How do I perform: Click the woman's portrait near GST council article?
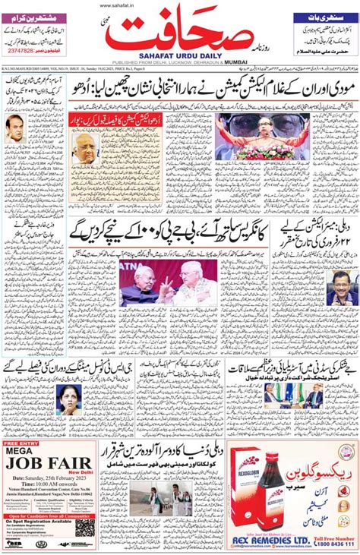(x=70, y=401)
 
